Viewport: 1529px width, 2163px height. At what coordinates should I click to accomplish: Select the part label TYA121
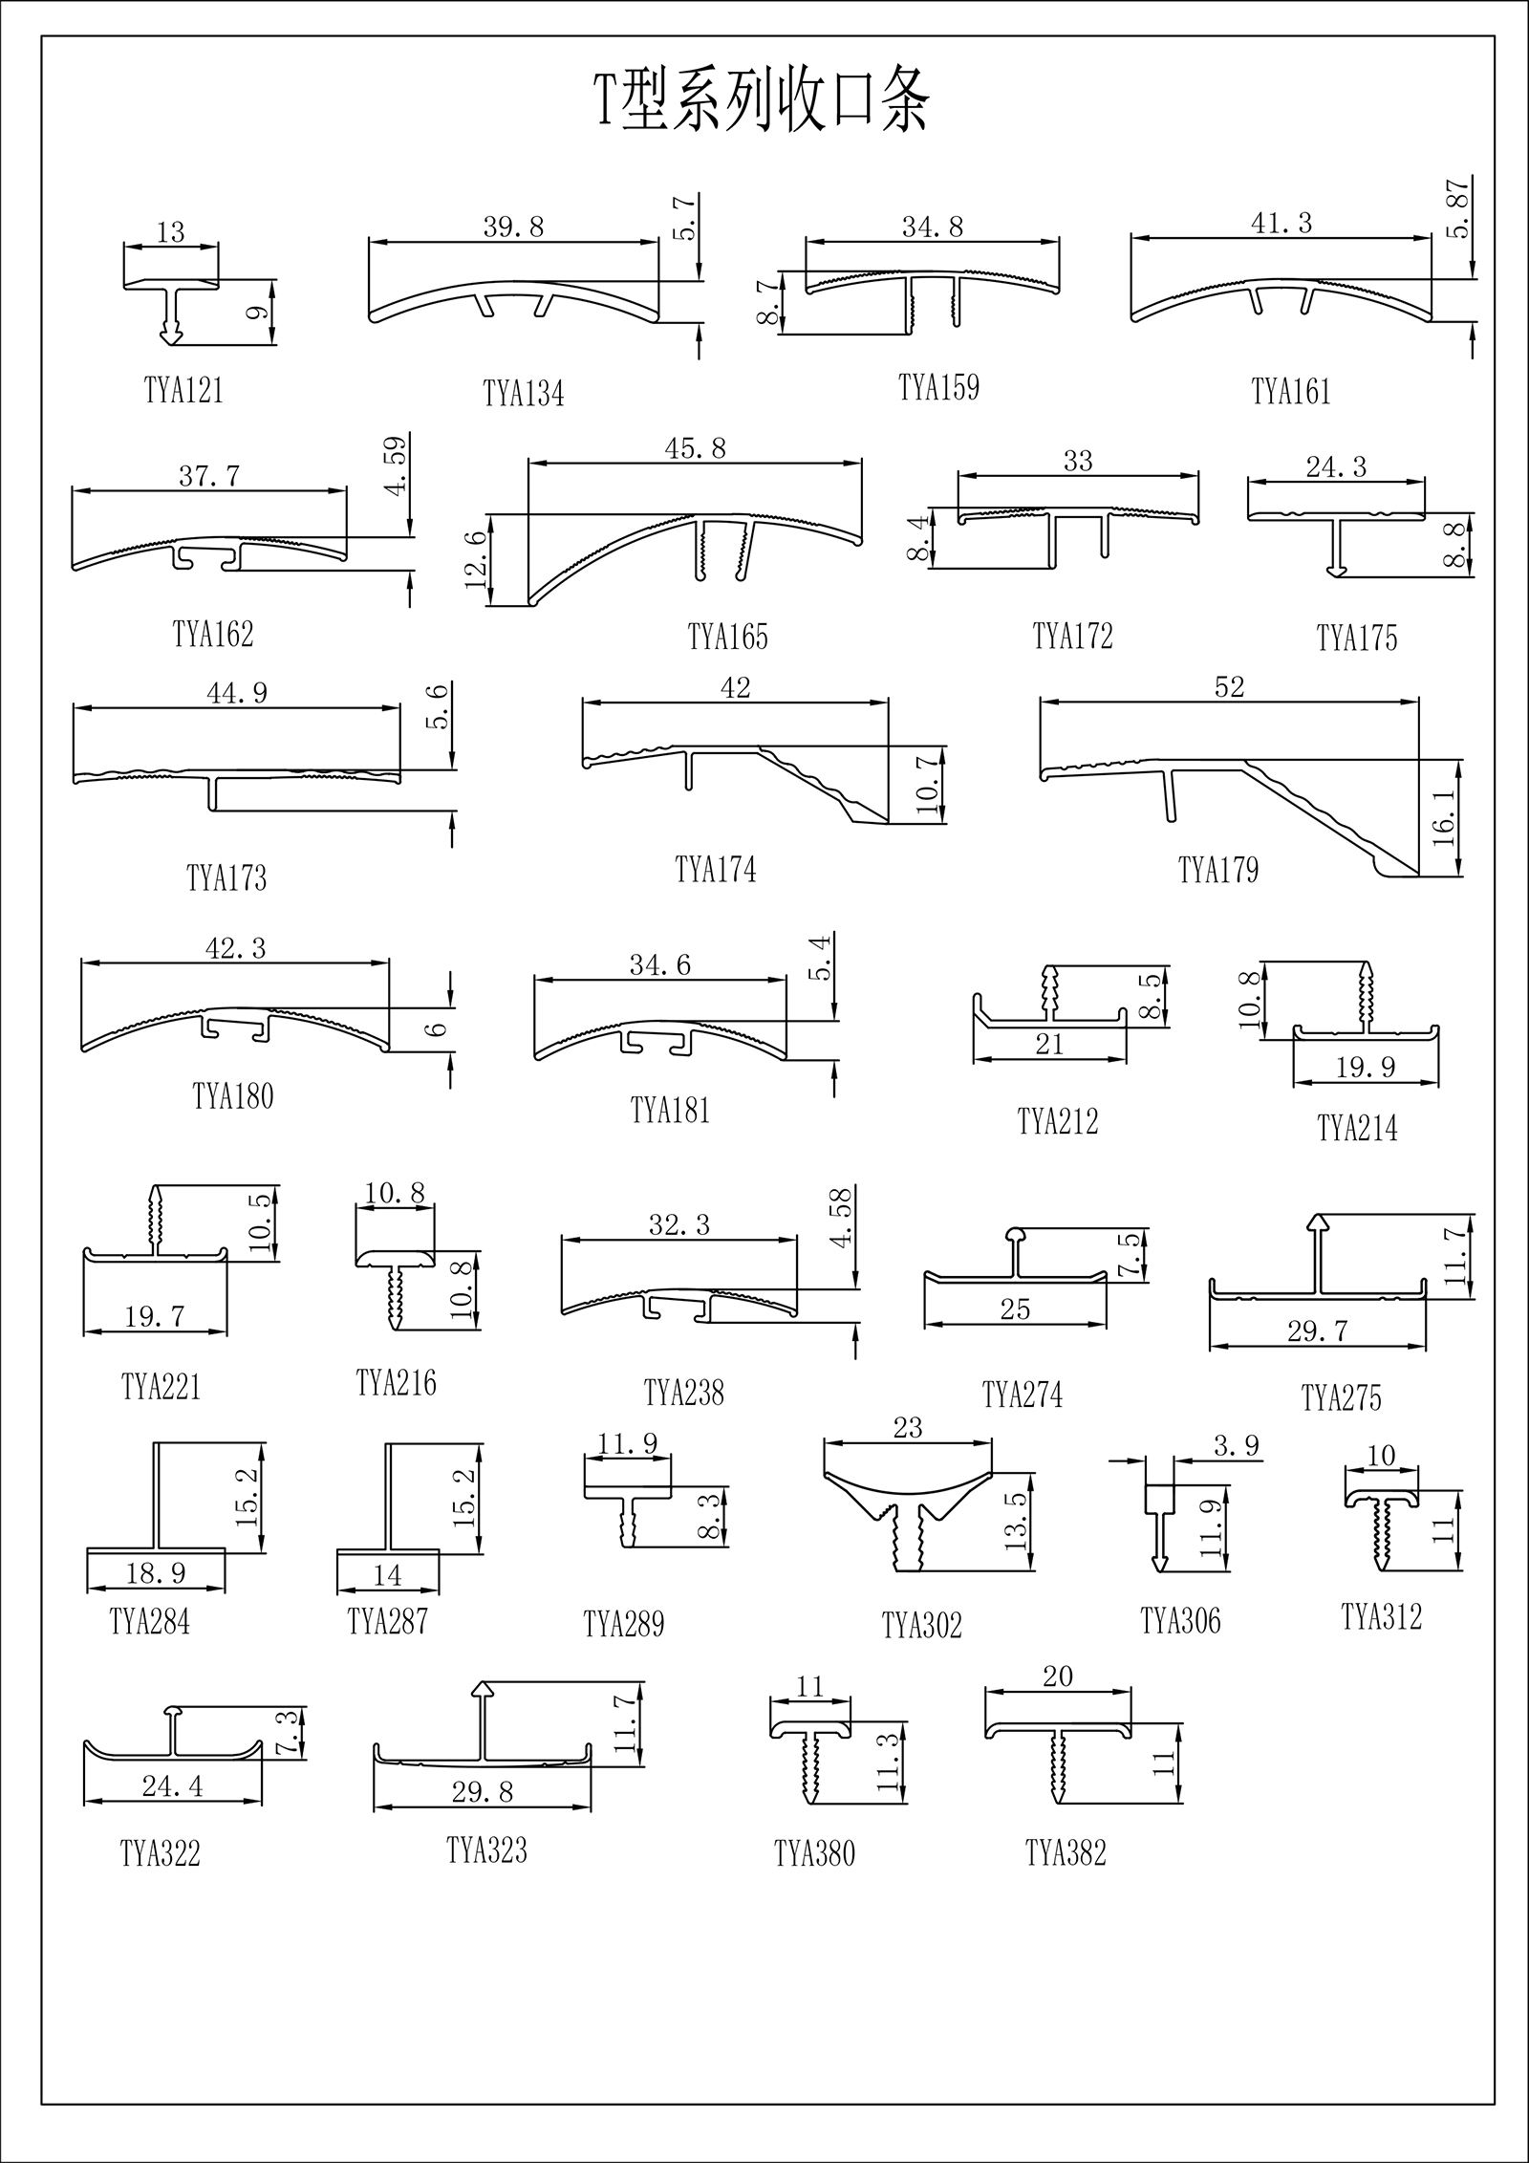[183, 391]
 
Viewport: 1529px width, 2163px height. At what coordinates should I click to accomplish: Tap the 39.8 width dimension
[513, 226]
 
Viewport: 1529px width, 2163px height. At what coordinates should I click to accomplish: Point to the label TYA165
[727, 637]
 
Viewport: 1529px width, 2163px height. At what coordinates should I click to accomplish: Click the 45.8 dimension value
[696, 447]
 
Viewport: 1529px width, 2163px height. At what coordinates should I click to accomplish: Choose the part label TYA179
[1218, 870]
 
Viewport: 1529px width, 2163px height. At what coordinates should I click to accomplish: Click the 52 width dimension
[1230, 686]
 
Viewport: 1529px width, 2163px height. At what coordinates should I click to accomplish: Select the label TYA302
[922, 1625]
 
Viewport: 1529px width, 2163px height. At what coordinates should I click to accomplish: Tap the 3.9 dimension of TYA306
[1237, 1446]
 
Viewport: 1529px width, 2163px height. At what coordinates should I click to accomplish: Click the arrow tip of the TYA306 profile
[1160, 1565]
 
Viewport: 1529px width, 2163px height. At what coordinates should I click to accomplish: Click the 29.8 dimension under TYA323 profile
[483, 1791]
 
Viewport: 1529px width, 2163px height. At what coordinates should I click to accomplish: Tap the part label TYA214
[1357, 1129]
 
